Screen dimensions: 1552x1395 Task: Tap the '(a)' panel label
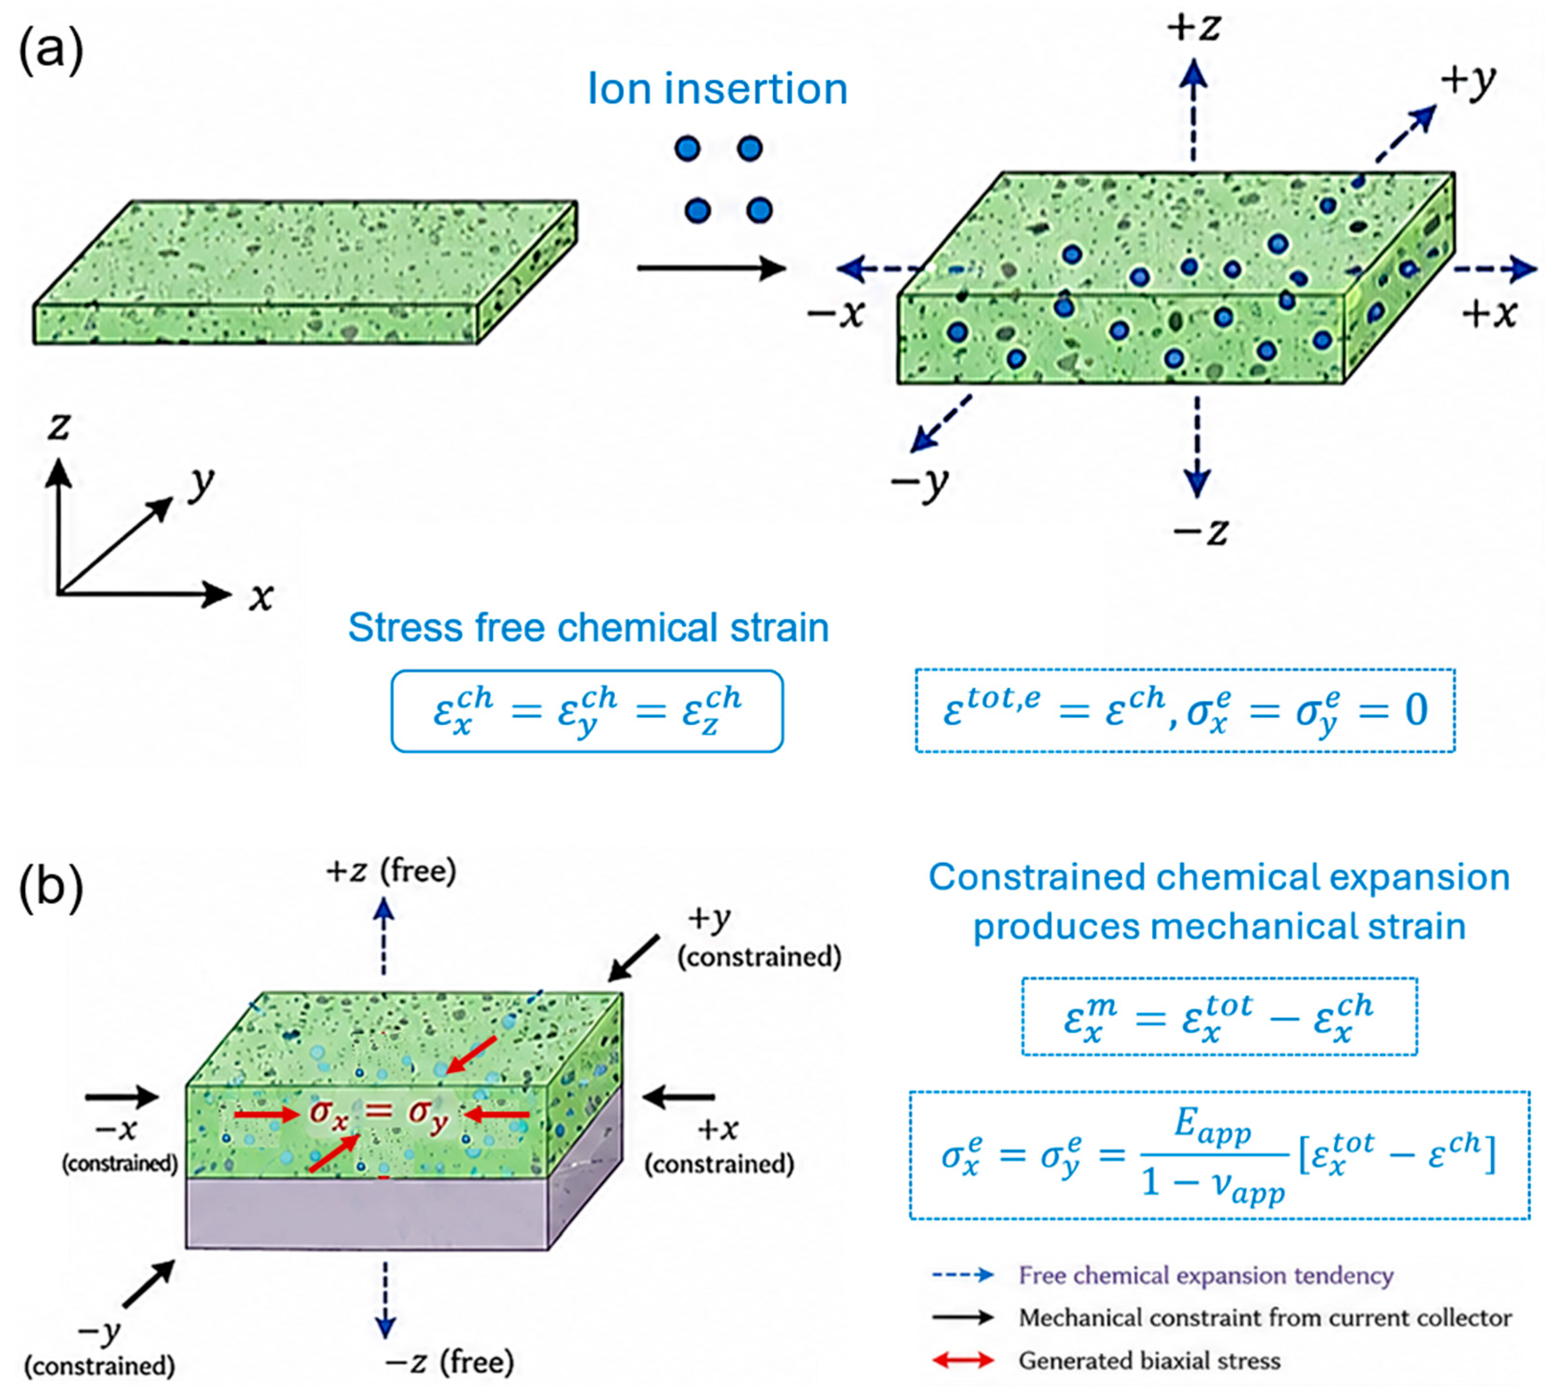point(51,52)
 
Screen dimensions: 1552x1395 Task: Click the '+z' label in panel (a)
point(1194,28)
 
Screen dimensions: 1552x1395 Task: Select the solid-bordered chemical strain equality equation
point(587,711)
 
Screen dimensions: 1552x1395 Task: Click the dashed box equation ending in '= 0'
point(1185,710)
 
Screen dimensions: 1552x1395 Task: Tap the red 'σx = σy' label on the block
point(379,1114)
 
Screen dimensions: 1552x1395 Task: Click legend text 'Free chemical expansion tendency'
point(1205,1275)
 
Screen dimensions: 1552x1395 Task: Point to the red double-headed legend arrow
point(963,1361)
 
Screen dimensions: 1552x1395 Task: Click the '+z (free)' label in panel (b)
point(391,871)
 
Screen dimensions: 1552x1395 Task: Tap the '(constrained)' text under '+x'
point(718,1164)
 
